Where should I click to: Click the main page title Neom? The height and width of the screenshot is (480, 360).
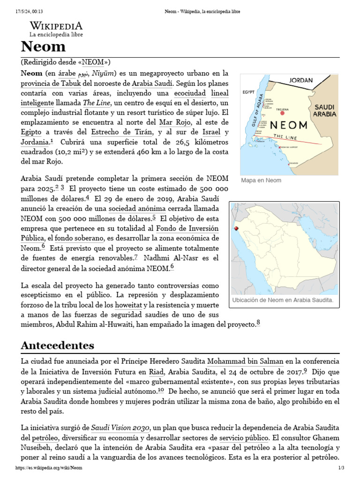click(x=43, y=47)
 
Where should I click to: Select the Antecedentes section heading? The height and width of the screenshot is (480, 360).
click(x=57, y=345)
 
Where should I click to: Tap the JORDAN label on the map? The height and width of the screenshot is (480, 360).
click(x=300, y=80)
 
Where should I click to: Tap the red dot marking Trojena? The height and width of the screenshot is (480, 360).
click(x=282, y=113)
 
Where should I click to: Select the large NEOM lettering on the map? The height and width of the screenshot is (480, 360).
click(x=290, y=125)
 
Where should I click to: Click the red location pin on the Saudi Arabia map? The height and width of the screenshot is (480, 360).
click(x=236, y=228)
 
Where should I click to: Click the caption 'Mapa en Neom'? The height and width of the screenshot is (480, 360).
click(x=261, y=180)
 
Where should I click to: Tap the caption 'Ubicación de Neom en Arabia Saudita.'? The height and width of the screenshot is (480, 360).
click(x=283, y=300)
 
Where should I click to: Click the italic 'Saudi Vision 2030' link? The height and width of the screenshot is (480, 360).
click(x=120, y=428)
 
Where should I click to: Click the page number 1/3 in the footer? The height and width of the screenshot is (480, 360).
click(x=341, y=468)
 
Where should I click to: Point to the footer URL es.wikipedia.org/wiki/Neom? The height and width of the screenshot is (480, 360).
click(x=49, y=468)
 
